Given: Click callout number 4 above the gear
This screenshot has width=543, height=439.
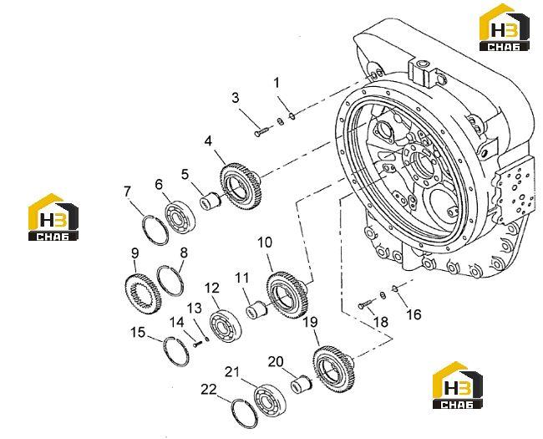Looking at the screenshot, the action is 208,141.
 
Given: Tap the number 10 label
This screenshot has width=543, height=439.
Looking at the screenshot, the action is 265,242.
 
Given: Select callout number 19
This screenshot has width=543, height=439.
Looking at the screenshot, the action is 310,322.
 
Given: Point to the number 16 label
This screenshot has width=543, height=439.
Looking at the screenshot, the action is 414,314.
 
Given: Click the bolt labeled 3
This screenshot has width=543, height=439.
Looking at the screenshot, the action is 261,132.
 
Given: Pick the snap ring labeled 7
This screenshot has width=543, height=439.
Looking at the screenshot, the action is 156,230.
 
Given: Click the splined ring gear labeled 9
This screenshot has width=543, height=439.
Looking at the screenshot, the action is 143,294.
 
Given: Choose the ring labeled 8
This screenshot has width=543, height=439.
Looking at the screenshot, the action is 170,280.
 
